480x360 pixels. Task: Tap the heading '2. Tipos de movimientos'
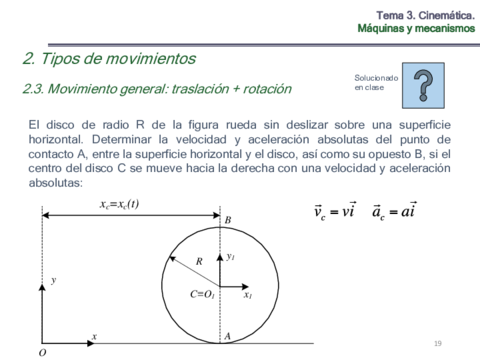109,58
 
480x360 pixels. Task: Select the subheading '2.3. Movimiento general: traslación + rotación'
157,89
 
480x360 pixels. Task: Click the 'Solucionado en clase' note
376,82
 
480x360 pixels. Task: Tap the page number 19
437,344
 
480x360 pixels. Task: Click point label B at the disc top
228,220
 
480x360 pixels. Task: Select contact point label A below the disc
228,336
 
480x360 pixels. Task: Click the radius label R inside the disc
200,261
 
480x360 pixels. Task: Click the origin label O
42,352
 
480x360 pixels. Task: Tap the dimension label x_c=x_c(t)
119,204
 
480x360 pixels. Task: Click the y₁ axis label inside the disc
230,256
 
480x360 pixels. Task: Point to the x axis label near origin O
94,336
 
